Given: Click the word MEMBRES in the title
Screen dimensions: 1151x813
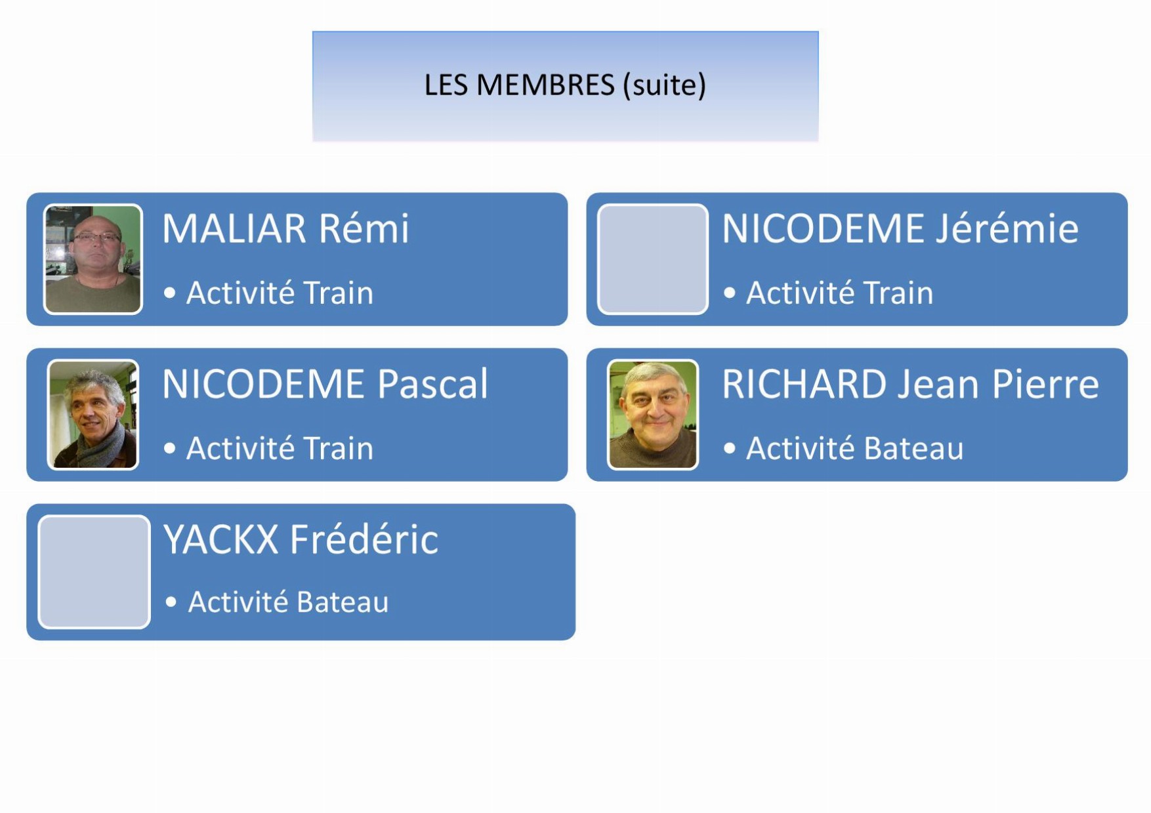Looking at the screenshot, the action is click(x=545, y=85).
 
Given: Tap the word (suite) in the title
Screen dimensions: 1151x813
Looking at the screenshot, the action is click(x=665, y=86).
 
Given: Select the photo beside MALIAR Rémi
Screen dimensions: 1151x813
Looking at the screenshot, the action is click(x=93, y=259).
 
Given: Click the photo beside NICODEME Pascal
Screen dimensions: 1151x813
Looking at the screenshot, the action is click(x=93, y=415).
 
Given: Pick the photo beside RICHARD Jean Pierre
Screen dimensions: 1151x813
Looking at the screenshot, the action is click(x=653, y=415).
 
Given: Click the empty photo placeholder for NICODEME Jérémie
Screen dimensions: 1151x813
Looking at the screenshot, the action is click(x=653, y=259).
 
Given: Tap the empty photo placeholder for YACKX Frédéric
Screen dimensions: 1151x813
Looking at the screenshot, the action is click(x=94, y=572).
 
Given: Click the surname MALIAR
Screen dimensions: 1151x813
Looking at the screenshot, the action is click(x=234, y=229).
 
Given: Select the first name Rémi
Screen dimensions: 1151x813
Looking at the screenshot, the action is click(x=364, y=228).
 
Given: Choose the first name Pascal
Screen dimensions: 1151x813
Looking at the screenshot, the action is click(x=432, y=384).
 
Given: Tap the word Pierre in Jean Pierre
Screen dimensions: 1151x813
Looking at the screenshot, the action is click(x=1045, y=384).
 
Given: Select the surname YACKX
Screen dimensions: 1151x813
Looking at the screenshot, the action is click(x=221, y=539).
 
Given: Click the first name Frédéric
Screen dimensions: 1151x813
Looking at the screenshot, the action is click(x=364, y=539).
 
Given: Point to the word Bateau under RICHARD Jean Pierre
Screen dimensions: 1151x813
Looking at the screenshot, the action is click(x=913, y=449).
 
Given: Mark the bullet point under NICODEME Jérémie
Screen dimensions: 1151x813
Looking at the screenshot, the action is click(x=730, y=293).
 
